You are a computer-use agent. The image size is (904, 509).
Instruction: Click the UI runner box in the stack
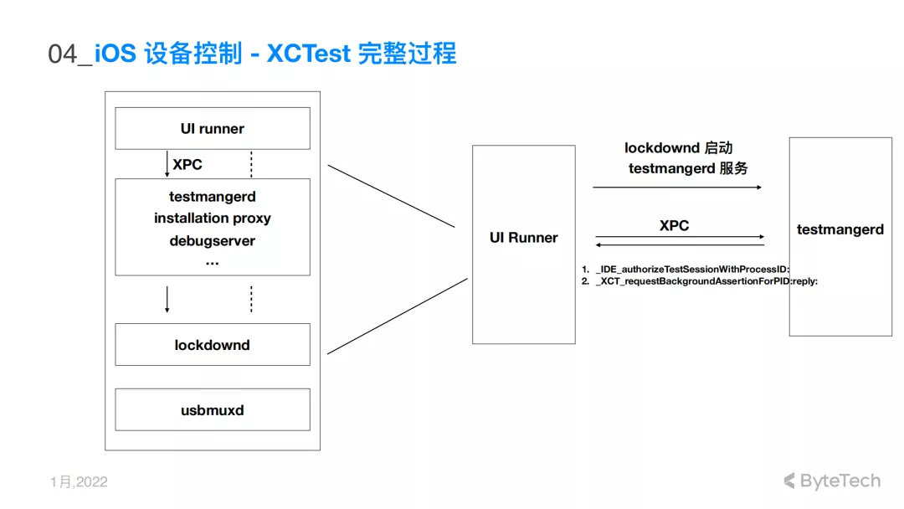click(212, 128)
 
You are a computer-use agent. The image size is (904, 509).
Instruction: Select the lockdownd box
click(212, 344)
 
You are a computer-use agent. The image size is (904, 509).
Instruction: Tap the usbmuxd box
click(212, 409)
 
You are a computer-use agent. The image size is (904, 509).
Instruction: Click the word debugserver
click(212, 241)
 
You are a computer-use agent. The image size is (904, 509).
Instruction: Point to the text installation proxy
click(212, 219)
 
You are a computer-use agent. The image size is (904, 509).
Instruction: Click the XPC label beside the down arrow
click(187, 164)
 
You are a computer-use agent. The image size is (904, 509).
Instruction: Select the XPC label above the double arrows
click(674, 225)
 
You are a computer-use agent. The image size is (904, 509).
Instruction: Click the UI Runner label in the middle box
click(523, 238)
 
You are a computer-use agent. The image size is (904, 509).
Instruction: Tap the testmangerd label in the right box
click(840, 229)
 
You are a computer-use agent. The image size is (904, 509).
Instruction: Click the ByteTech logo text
click(833, 481)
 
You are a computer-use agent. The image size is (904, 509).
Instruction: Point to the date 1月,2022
click(79, 482)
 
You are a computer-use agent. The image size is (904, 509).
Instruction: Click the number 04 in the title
click(62, 54)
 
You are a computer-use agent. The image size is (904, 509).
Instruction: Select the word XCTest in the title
click(308, 54)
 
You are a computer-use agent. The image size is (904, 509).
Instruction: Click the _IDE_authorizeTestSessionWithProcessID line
click(686, 270)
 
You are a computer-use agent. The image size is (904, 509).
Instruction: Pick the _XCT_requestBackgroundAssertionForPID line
click(699, 281)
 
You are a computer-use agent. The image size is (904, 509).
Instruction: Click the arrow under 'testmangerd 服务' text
click(677, 188)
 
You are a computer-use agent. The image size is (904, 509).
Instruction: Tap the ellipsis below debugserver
click(212, 263)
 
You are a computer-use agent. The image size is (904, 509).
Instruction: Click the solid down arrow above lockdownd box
click(167, 299)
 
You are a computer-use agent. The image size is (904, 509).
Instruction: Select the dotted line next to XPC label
click(251, 164)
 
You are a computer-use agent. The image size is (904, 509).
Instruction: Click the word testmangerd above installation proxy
click(212, 197)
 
